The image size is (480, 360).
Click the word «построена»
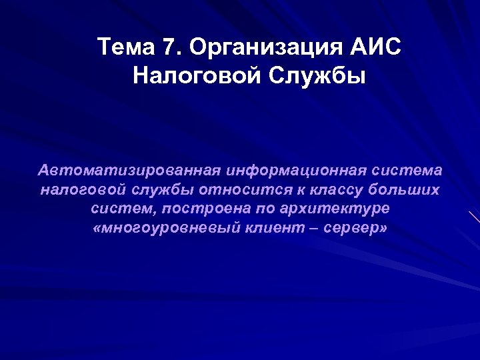[193, 209]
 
